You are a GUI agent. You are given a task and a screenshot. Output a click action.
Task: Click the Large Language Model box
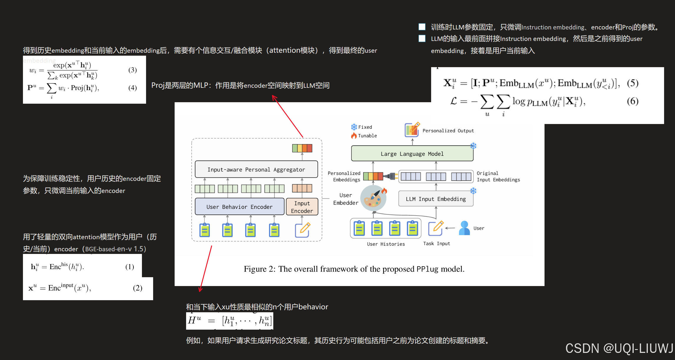(412, 153)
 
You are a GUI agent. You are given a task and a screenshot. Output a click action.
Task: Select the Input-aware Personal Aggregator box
(256, 169)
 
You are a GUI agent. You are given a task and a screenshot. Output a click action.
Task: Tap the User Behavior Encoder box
(239, 207)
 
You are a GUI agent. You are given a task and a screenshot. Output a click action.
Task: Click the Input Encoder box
(302, 207)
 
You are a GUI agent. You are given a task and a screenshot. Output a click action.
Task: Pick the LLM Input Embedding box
(436, 199)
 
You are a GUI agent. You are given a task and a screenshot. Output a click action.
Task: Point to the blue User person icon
(464, 228)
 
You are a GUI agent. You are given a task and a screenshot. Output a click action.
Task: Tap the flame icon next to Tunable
(354, 136)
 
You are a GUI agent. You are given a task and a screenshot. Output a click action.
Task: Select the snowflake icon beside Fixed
(354, 127)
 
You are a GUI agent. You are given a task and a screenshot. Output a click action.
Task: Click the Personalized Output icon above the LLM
(412, 130)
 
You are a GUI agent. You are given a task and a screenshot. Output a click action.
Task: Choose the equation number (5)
(632, 83)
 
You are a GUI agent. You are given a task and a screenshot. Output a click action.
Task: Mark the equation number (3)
(132, 70)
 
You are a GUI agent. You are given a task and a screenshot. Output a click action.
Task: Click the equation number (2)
(138, 288)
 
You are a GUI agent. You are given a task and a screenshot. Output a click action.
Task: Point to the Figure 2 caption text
(354, 269)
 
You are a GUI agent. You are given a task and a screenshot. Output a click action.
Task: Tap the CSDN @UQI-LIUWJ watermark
(619, 348)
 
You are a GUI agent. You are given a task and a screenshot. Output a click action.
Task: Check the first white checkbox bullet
(422, 27)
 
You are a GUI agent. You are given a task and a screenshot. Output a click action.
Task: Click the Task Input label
(436, 244)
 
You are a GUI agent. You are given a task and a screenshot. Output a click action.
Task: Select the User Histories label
(386, 244)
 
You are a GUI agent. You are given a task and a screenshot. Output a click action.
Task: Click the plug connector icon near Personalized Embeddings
(391, 176)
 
